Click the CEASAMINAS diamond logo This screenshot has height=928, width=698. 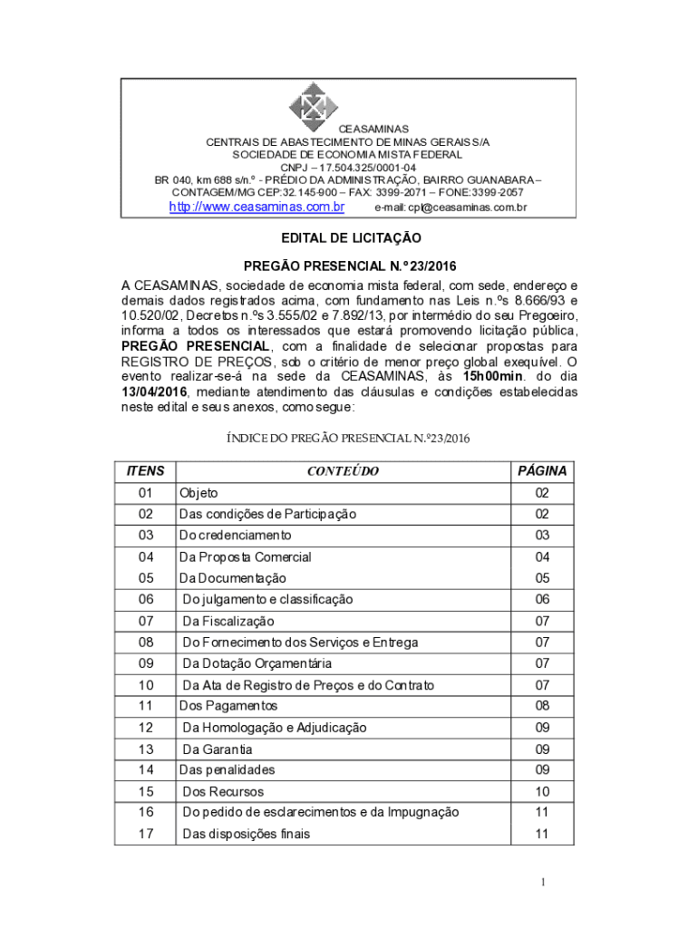pyautogui.click(x=313, y=107)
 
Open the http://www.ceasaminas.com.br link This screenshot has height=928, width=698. pyautogui.click(x=257, y=207)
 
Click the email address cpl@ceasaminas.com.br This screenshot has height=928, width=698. pyautogui.click(x=451, y=208)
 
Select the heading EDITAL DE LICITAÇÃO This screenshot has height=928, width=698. pyautogui.click(x=349, y=237)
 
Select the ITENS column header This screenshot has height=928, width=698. pyautogui.click(x=145, y=471)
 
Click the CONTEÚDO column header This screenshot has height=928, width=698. pyautogui.click(x=343, y=471)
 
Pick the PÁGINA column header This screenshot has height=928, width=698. pyautogui.click(x=542, y=471)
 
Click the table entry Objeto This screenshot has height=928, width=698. pyautogui.click(x=199, y=493)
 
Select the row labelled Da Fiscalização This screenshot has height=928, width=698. pyautogui.click(x=228, y=622)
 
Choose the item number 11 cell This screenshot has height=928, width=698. pyautogui.click(x=146, y=705)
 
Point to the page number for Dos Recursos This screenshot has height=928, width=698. pyautogui.click(x=542, y=791)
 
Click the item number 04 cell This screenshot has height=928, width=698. pyautogui.click(x=146, y=557)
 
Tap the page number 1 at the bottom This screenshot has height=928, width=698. pyautogui.click(x=542, y=882)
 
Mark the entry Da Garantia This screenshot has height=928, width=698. pyautogui.click(x=218, y=749)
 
